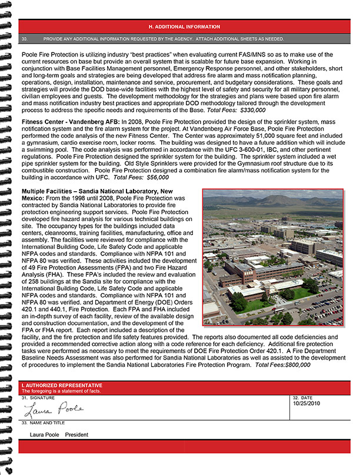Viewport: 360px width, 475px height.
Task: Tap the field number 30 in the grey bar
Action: coord(25,39)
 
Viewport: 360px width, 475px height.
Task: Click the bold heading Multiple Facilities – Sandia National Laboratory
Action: coord(98,192)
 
